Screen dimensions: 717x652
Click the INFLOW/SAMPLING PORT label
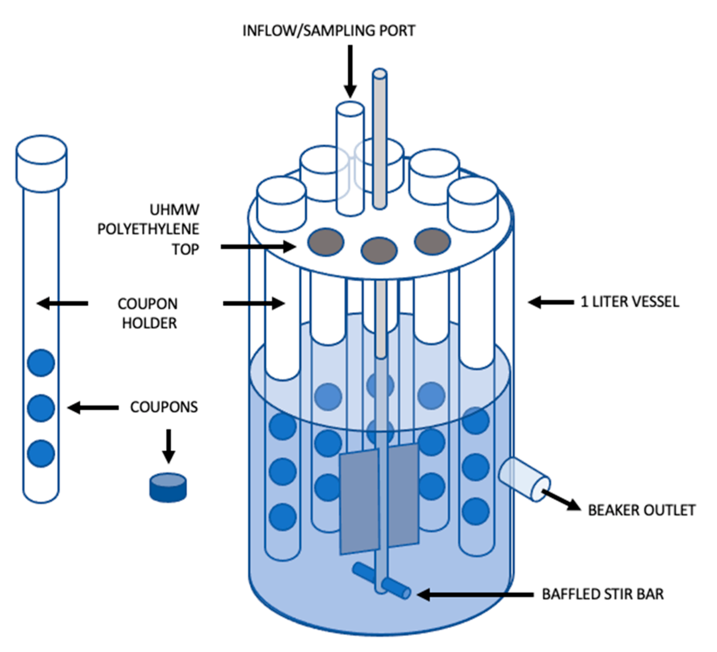(x=329, y=31)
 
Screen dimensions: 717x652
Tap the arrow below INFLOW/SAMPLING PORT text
(x=350, y=71)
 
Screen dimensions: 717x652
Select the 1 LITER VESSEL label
(x=630, y=302)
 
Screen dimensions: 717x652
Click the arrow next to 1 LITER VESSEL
(x=551, y=302)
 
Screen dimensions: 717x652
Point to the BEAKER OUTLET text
(x=642, y=510)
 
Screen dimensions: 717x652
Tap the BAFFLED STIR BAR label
(x=603, y=594)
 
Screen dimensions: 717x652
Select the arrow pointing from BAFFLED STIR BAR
(x=475, y=594)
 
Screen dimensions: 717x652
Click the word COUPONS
(x=164, y=407)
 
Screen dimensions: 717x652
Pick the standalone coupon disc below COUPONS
(x=168, y=488)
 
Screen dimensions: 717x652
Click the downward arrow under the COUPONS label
(x=168, y=446)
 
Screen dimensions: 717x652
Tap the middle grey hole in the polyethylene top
(x=379, y=250)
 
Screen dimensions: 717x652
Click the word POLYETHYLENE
(x=148, y=229)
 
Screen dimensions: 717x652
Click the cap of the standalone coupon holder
(x=41, y=164)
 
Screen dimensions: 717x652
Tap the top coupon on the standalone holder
(x=41, y=362)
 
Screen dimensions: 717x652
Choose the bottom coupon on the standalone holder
(x=41, y=453)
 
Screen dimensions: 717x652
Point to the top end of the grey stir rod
(x=380, y=74)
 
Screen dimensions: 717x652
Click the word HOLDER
(x=149, y=323)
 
